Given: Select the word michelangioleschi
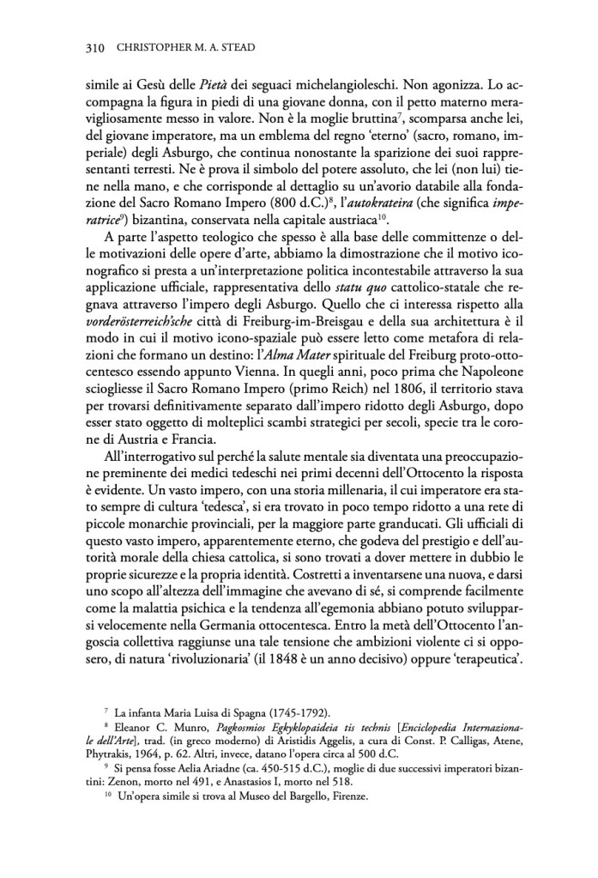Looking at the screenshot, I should [x=368, y=84].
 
